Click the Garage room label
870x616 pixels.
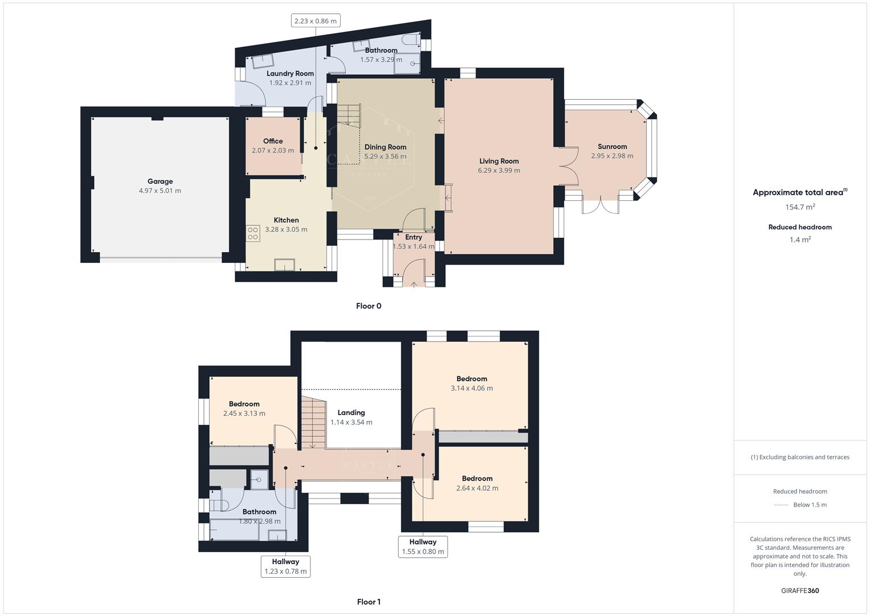coord(160,181)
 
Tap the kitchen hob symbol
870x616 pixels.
coord(253,233)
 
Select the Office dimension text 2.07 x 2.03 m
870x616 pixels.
coord(273,151)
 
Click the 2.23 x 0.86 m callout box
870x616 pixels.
coord(315,21)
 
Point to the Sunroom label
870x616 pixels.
coord(612,147)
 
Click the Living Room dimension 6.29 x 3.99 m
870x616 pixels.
coord(499,170)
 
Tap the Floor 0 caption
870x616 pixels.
coord(369,306)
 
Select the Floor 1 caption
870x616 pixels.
coord(369,602)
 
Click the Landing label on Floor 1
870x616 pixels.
coord(351,412)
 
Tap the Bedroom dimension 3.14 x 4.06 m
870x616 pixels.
coord(472,388)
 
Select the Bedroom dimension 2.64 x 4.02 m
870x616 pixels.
coord(477,488)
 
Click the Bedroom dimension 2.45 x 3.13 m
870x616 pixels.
coord(244,413)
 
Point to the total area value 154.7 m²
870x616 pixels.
coord(800,207)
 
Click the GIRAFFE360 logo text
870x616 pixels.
coord(800,590)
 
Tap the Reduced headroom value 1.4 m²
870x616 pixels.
coord(800,240)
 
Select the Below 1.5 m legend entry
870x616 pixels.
coord(809,505)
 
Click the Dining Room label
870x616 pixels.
coord(386,147)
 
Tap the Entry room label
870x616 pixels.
coord(414,237)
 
